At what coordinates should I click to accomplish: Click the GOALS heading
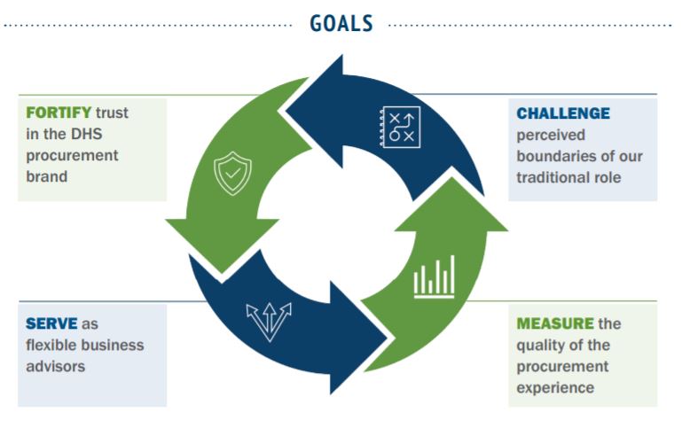coord(341,23)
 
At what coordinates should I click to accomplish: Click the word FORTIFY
coord(59,113)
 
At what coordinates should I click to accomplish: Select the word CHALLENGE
coord(563,113)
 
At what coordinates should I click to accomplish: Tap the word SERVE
coord(51,323)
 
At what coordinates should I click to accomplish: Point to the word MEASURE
coord(554,323)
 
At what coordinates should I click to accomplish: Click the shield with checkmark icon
coord(231,175)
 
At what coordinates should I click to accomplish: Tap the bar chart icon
coord(434,276)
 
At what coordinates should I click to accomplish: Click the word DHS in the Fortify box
coord(93,134)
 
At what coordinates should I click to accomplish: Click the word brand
coord(46,175)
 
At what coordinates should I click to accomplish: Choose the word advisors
coord(55,365)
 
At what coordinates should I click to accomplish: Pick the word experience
coord(553,387)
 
